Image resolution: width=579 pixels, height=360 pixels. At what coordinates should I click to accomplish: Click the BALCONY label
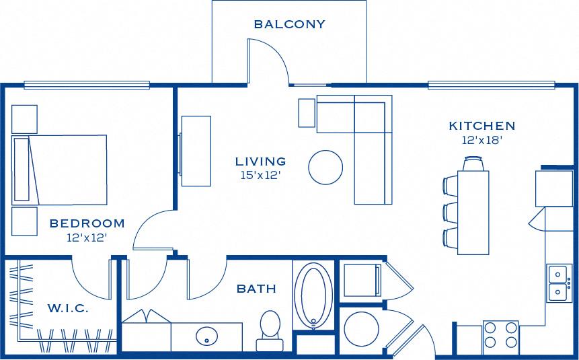(x=289, y=24)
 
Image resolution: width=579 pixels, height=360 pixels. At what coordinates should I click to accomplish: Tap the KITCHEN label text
(x=481, y=126)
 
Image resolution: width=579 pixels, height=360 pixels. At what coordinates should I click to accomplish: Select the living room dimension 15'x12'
(x=260, y=175)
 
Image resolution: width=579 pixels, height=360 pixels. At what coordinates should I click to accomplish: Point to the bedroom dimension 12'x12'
(x=87, y=237)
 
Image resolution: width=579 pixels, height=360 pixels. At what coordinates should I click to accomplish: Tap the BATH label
(x=256, y=289)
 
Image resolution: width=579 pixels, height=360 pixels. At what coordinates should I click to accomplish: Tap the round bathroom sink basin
(x=207, y=336)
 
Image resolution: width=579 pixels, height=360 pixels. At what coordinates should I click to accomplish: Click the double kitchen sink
(x=558, y=283)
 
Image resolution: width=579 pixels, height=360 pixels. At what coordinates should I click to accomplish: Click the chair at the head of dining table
(x=473, y=163)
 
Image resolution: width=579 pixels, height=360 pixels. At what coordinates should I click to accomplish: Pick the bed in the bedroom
(x=60, y=169)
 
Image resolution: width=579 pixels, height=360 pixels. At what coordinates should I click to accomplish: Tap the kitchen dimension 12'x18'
(x=481, y=141)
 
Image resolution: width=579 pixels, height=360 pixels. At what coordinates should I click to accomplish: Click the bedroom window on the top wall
(x=87, y=85)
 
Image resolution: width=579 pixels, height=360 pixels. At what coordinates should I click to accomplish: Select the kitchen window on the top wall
(x=492, y=85)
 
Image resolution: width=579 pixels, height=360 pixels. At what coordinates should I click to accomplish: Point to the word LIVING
(x=260, y=161)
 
